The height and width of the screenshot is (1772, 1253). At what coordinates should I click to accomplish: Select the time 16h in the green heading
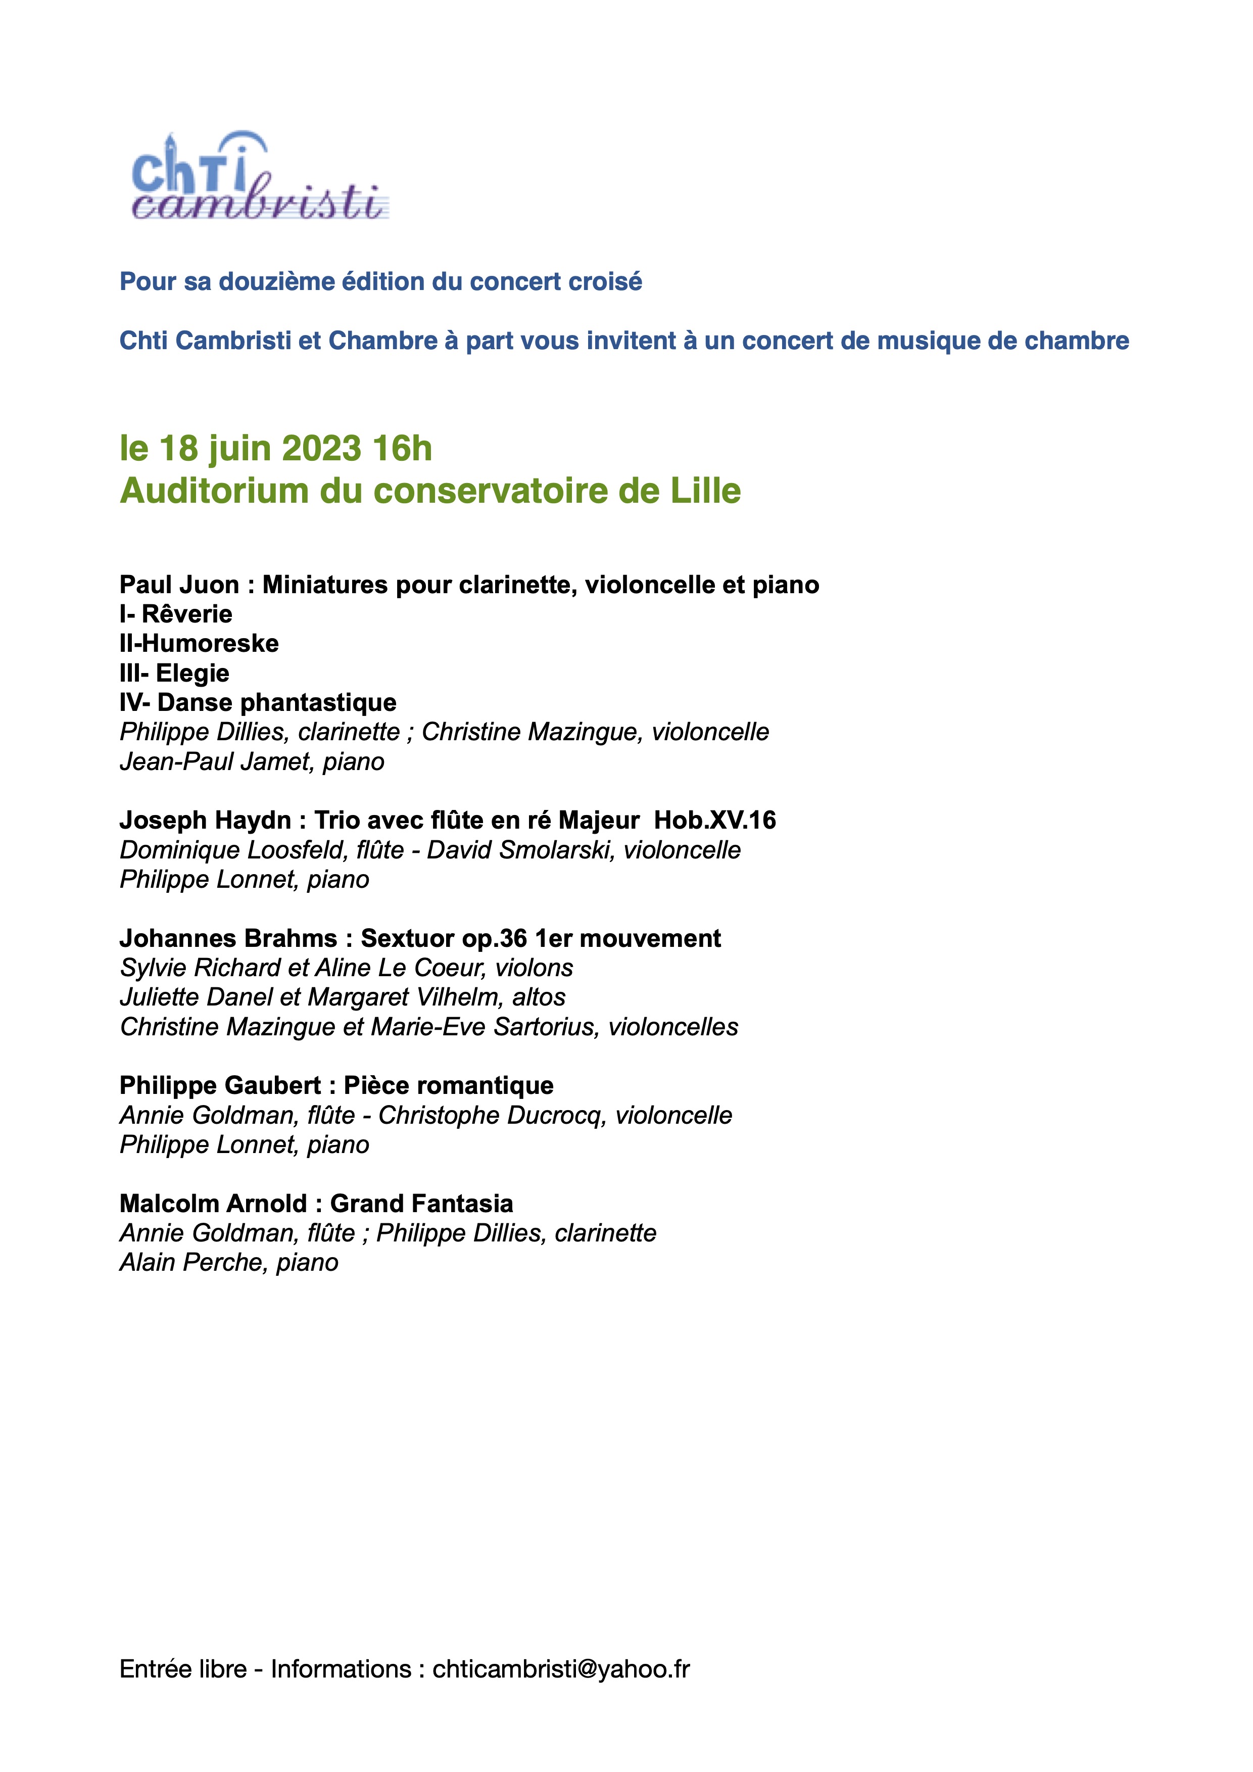pos(402,448)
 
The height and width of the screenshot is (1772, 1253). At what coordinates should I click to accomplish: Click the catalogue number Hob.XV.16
pos(714,821)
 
